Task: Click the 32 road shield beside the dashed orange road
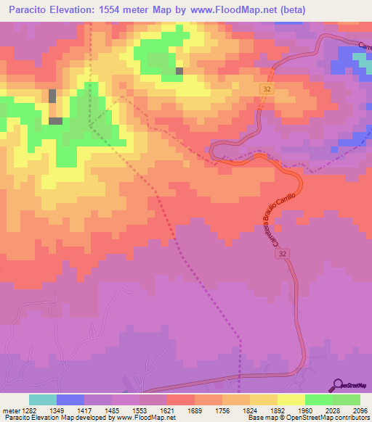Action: coord(267,87)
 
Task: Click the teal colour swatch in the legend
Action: coord(43,400)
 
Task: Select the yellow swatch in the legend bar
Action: coord(291,400)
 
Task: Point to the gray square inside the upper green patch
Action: coord(179,71)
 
